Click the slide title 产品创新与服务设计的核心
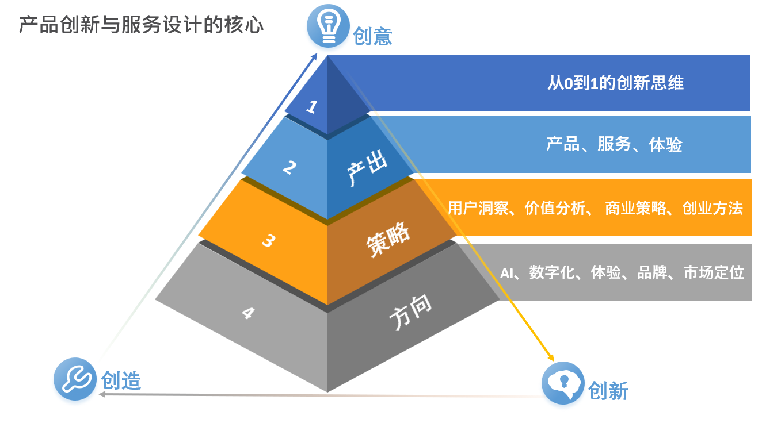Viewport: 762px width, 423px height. pyautogui.click(x=141, y=25)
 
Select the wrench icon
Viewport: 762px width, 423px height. pyautogui.click(x=75, y=379)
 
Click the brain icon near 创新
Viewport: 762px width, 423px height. pyautogui.click(x=563, y=383)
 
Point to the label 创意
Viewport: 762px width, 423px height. pyautogui.click(x=372, y=36)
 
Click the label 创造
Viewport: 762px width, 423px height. pyautogui.click(x=121, y=380)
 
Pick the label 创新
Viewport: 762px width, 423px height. pyautogui.click(x=608, y=391)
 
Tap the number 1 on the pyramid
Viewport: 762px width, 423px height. pyautogui.click(x=311, y=106)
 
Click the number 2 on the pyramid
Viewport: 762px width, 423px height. pyautogui.click(x=289, y=167)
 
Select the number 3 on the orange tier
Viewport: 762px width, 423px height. pyautogui.click(x=268, y=241)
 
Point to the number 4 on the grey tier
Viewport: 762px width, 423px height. pyautogui.click(x=248, y=313)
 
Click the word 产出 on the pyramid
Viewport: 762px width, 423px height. pyautogui.click(x=367, y=168)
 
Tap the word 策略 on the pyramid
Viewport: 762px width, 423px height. pyautogui.click(x=388, y=240)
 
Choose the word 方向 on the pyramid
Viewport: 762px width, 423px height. pyautogui.click(x=410, y=313)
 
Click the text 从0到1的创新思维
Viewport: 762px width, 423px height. pyautogui.click(x=615, y=83)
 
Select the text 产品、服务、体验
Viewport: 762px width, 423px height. pyautogui.click(x=614, y=144)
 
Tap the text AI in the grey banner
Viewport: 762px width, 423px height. pyautogui.click(x=506, y=273)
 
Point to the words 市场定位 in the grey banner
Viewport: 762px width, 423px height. pyautogui.click(x=714, y=272)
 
